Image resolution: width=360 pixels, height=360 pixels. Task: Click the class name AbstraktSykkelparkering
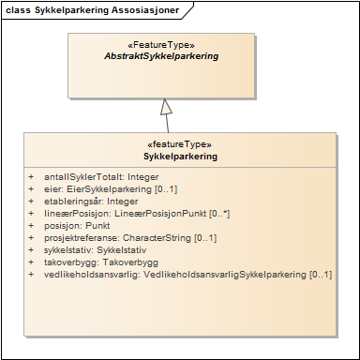pyautogui.click(x=162, y=56)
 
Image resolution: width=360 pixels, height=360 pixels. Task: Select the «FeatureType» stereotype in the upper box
pyautogui.click(x=162, y=44)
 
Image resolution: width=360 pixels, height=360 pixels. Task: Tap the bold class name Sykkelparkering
pyautogui.click(x=181, y=157)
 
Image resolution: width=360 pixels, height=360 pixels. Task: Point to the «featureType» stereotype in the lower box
pyautogui.click(x=181, y=144)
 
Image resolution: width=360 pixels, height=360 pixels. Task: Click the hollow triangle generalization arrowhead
pyautogui.click(x=166, y=106)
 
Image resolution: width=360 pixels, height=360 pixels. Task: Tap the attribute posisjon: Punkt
pyautogui.click(x=78, y=225)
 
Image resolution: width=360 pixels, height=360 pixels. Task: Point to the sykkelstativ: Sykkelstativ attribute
pyautogui.click(x=96, y=250)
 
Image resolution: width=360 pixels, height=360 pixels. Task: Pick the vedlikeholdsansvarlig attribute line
pyautogui.click(x=187, y=275)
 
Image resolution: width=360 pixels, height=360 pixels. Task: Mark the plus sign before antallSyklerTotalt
pyautogui.click(x=32, y=175)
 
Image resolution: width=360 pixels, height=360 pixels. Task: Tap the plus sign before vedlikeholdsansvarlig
pyautogui.click(x=32, y=275)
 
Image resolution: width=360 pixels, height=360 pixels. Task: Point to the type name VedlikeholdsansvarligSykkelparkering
pyautogui.click(x=225, y=275)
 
